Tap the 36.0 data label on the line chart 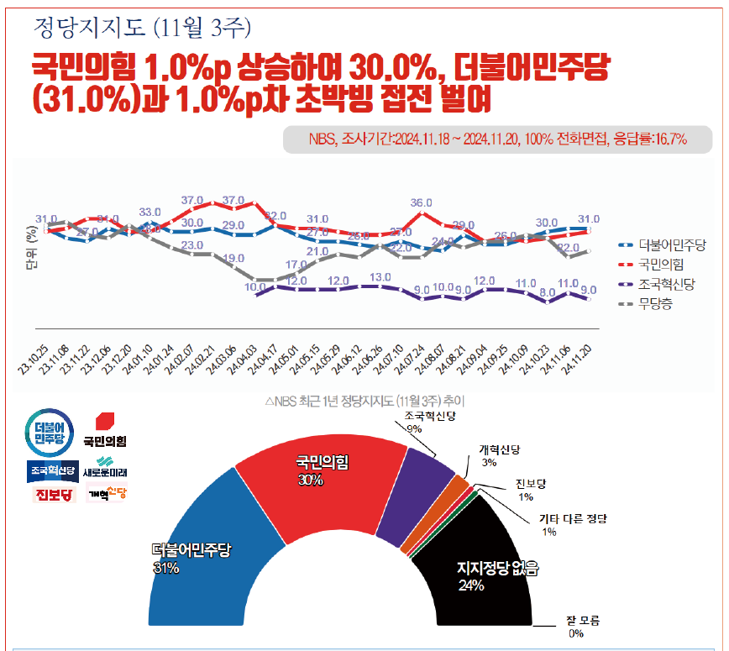[x=422, y=202]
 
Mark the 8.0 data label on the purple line [x=548, y=292]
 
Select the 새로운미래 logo [x=106, y=466]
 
